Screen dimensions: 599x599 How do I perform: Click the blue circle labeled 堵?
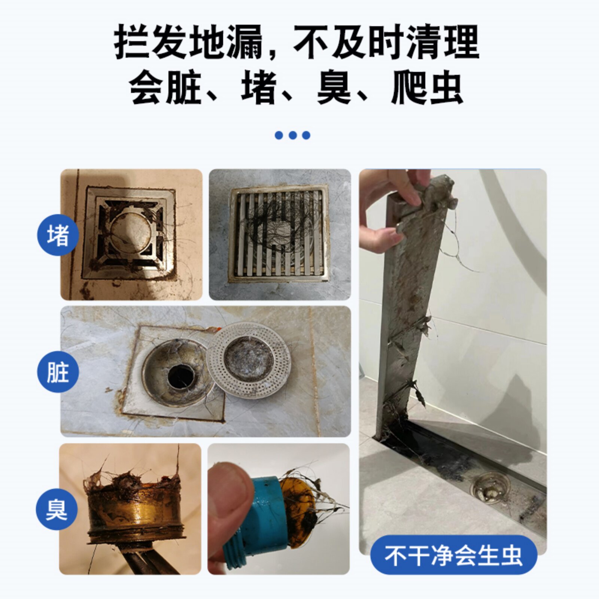pyautogui.click(x=58, y=235)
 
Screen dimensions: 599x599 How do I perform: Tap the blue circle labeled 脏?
pyautogui.click(x=58, y=372)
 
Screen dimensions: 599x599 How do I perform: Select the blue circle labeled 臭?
pyautogui.click(x=57, y=509)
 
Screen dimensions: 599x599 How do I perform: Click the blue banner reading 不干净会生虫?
pyautogui.click(x=453, y=555)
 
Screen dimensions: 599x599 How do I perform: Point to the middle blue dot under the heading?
pyautogui.click(x=293, y=135)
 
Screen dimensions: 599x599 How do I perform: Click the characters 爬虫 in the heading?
pyautogui.click(x=427, y=88)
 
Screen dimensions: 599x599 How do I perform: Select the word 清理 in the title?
pyautogui.click(x=443, y=42)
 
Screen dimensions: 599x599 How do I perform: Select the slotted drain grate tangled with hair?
pyautogui.click(x=279, y=234)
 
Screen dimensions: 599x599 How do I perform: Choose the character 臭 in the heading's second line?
pyautogui.click(x=334, y=88)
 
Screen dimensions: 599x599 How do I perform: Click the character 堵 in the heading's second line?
pyautogui.click(x=259, y=88)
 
